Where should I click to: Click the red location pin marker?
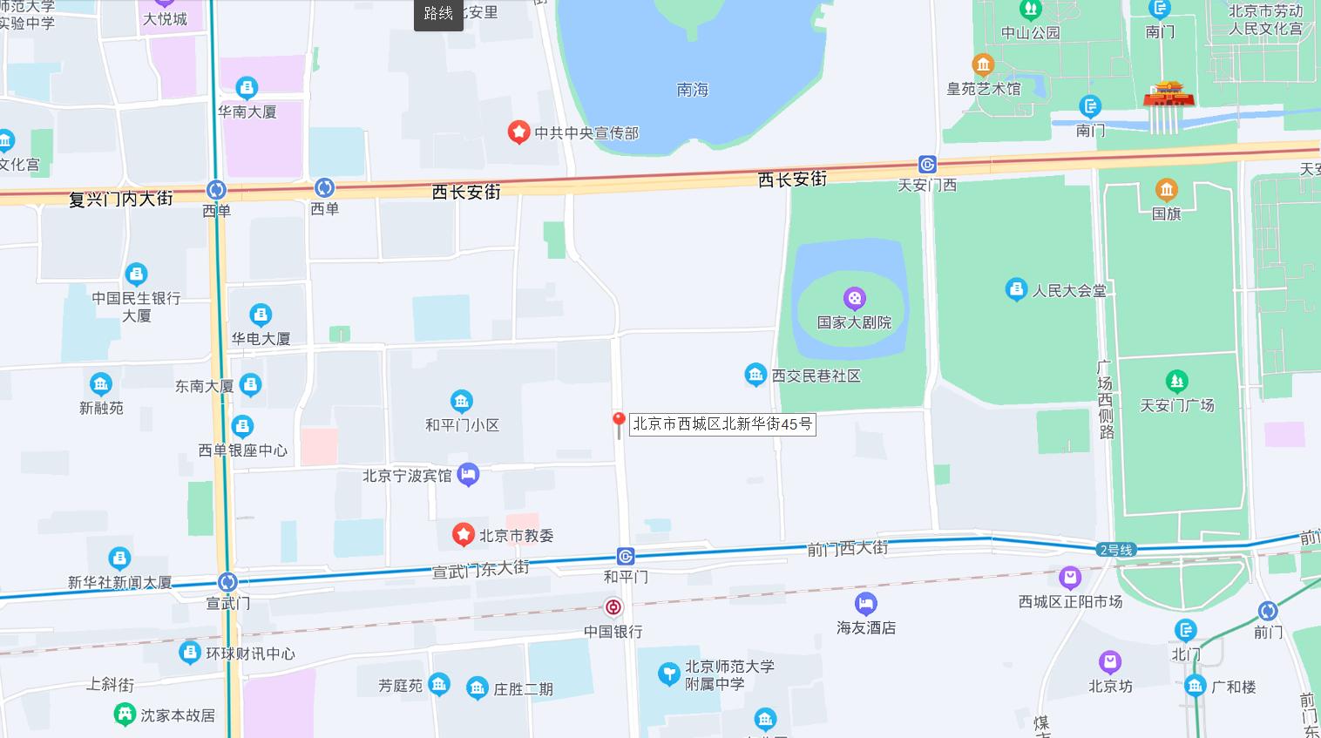[x=619, y=423]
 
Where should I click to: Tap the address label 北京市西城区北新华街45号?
[x=722, y=424]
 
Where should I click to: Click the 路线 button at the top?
[x=438, y=14]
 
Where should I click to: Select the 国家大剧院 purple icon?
[x=855, y=299]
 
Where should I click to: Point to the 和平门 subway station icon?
[x=626, y=557]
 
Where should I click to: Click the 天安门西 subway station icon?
[x=927, y=165]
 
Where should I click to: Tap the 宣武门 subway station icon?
[x=227, y=582]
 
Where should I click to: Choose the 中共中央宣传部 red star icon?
[x=519, y=132]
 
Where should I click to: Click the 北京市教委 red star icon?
[x=464, y=535]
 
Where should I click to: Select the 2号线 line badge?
[x=1116, y=550]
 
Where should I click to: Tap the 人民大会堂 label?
[x=1069, y=290]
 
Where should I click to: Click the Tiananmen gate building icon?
[x=1168, y=94]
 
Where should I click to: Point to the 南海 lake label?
[x=693, y=90]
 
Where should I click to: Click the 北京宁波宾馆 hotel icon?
[x=469, y=475]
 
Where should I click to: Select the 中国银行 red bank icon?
[x=613, y=607]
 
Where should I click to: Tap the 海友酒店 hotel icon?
[x=865, y=603]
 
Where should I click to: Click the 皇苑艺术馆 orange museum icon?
[x=983, y=64]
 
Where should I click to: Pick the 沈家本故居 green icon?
[x=125, y=714]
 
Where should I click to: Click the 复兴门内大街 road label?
[x=121, y=199]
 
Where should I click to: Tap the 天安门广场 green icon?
[x=1176, y=381]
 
